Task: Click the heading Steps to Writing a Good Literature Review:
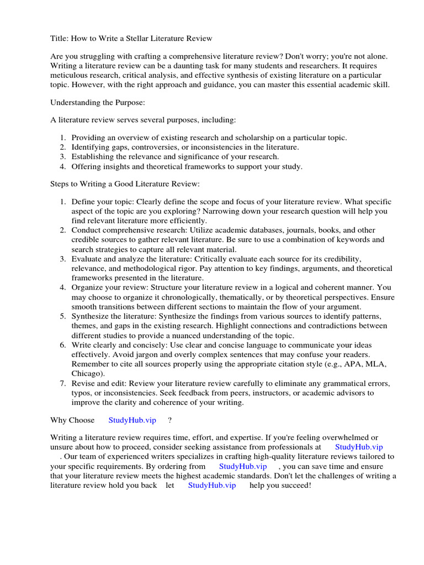pos(125,184)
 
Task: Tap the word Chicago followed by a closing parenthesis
pos(87,373)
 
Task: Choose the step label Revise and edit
pos(98,383)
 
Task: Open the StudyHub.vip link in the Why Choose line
pos(132,420)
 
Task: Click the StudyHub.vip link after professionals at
pos(359,447)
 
